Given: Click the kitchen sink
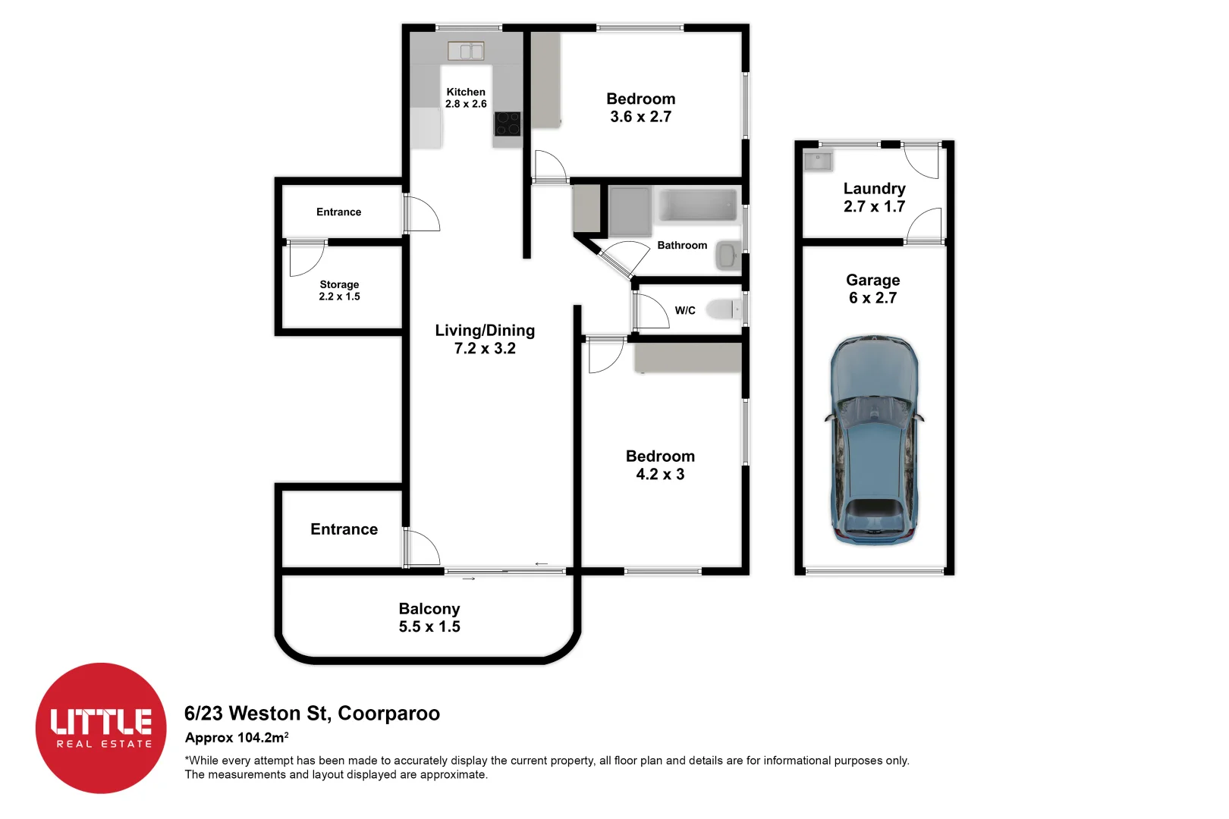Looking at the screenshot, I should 466,51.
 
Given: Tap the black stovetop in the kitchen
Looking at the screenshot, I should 507,124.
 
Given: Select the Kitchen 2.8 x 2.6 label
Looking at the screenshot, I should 466,98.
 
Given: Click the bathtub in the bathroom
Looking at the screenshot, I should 697,206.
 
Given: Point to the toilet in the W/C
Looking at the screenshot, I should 721,309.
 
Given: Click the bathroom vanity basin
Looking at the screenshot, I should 727,256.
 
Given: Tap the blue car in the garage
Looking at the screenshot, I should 874,440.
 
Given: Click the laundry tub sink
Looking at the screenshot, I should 819,160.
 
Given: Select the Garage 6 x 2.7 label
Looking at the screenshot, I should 873,289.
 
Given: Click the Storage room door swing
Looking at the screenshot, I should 306,258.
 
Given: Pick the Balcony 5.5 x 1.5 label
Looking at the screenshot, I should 429,617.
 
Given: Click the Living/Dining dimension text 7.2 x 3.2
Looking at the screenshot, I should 485,349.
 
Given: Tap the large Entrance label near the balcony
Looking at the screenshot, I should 344,529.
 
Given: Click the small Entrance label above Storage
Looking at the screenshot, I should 338,212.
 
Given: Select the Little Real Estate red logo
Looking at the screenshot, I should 101,728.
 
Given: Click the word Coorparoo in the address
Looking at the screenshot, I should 388,714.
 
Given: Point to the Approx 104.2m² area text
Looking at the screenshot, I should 236,738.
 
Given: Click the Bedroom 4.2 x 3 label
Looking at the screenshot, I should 660,465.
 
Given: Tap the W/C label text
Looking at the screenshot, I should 685,310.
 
